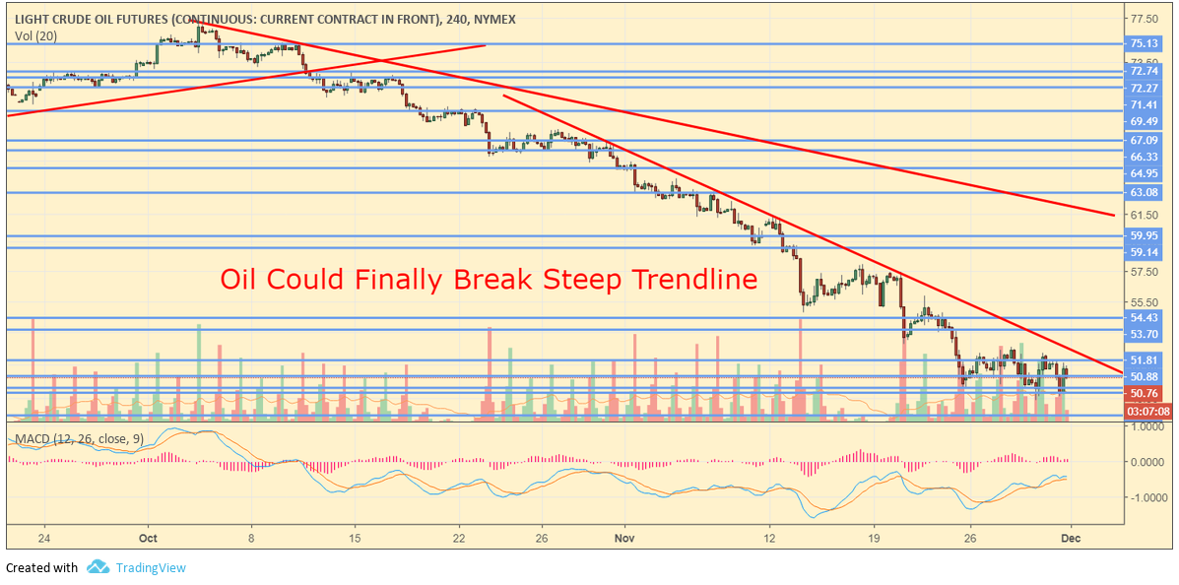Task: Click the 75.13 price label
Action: click(x=1144, y=43)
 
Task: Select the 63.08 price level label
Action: click(x=1144, y=192)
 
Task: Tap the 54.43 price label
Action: click(x=1144, y=318)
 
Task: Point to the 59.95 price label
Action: click(x=1144, y=235)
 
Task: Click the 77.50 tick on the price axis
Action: click(x=1144, y=19)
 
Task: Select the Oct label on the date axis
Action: click(x=149, y=538)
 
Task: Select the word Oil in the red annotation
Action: click(x=239, y=280)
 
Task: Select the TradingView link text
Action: click(x=150, y=567)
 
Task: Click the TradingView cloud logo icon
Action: click(x=98, y=566)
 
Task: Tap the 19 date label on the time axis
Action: click(x=873, y=538)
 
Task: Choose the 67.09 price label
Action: click(x=1144, y=141)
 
